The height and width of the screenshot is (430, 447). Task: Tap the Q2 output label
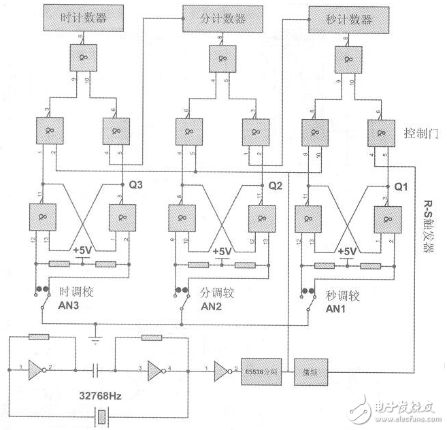pos(274,185)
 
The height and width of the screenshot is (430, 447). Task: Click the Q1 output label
pos(403,185)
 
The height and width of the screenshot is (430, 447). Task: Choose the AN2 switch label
pos(212,307)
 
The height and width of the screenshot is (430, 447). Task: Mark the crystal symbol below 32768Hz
pos(102,414)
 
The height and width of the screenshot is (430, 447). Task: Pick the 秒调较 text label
pos(343,295)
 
